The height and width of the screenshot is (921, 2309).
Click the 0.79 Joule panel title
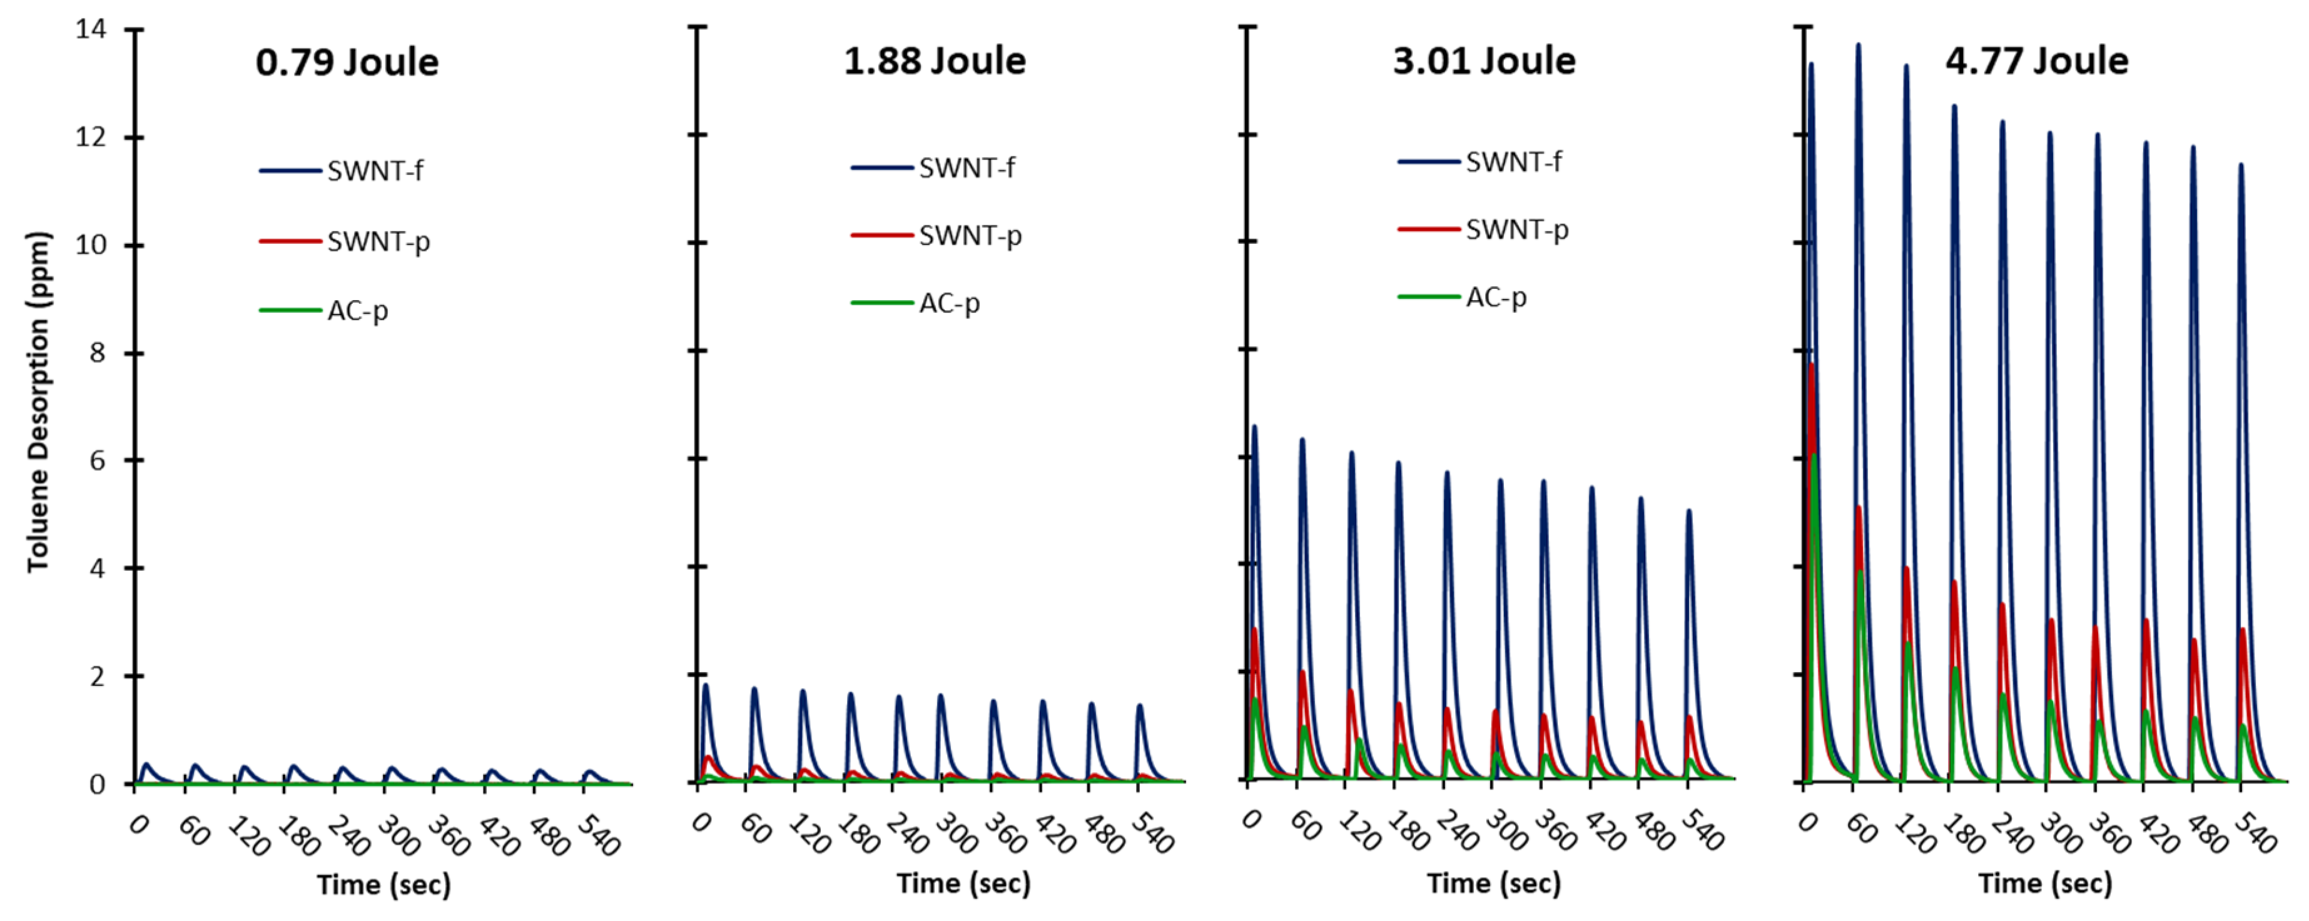coord(347,63)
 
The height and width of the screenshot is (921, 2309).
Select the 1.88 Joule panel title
coord(934,61)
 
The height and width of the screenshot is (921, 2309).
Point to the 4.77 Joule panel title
coord(2036,61)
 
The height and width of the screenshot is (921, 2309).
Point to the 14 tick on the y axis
coord(91,29)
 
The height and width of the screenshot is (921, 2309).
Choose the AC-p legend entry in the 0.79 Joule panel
coord(357,311)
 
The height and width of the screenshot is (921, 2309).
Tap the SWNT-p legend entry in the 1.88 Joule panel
coord(969,236)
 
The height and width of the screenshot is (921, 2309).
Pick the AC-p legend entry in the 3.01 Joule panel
coord(1495,296)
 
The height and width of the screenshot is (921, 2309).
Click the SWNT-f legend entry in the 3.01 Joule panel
coord(1513,162)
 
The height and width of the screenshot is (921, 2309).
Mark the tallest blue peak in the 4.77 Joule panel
coord(1858,45)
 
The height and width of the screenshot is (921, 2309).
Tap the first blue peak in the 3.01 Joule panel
coord(1254,427)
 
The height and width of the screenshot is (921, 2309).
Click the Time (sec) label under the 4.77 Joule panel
coord(2044,883)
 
